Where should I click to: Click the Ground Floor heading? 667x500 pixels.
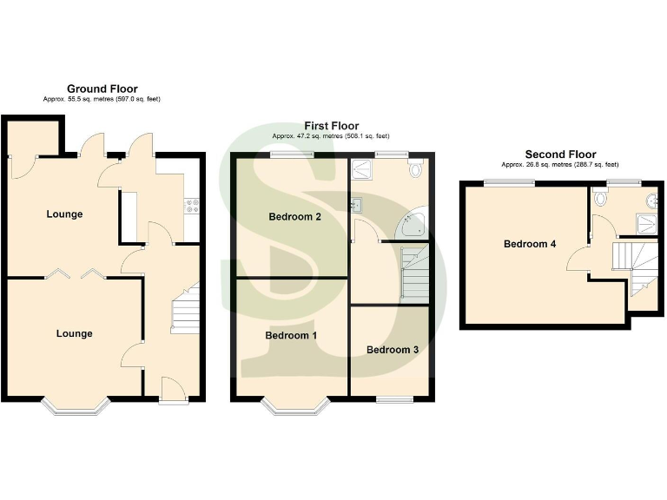point(102,89)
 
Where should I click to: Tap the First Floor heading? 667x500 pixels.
point(331,126)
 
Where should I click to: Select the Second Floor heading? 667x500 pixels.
point(560,155)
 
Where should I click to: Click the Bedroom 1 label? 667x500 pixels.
point(291,335)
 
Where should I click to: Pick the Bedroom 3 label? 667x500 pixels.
point(392,350)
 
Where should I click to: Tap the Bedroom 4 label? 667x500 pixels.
point(530,244)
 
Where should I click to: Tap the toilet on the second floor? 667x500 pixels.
point(600,199)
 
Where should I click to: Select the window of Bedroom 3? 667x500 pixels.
point(392,399)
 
